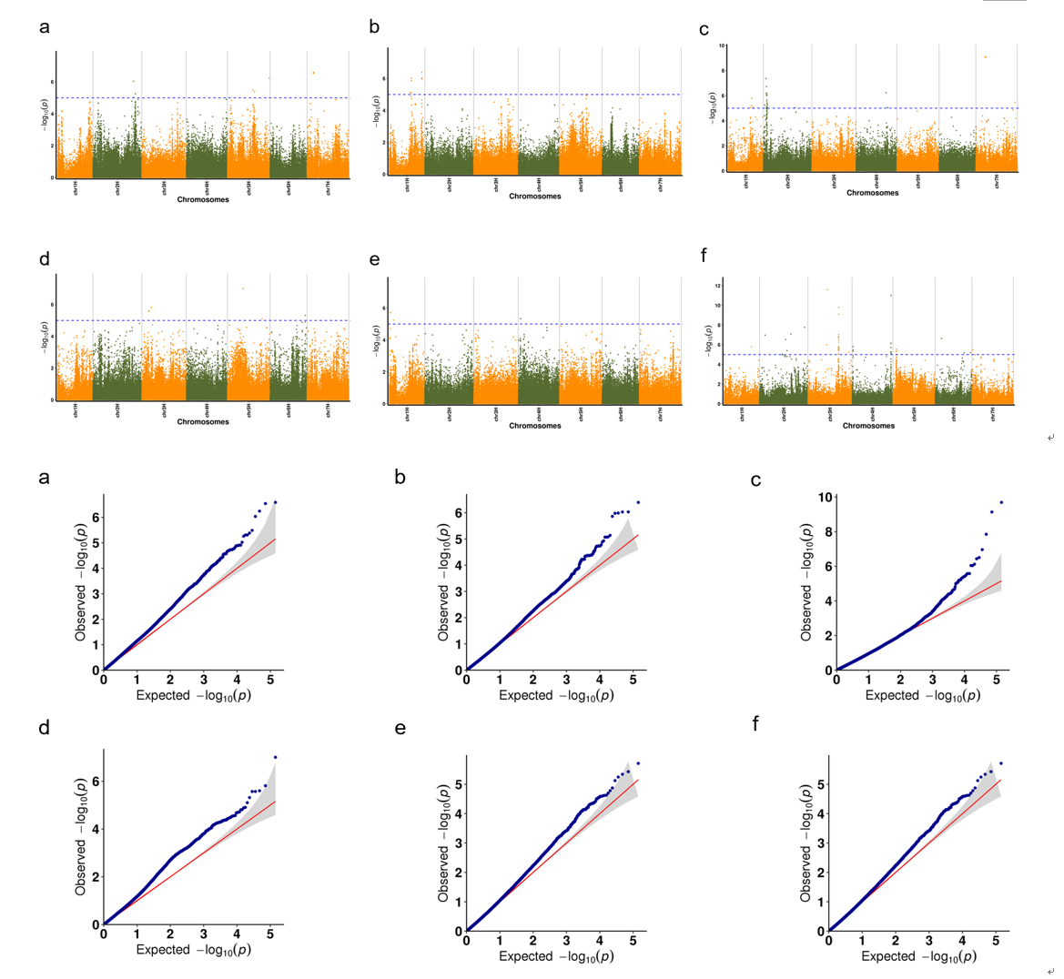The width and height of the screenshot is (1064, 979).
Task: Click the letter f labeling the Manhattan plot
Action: pos(704,257)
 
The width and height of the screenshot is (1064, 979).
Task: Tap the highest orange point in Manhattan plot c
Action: pos(985,57)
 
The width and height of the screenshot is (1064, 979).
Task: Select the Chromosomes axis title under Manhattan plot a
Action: pos(203,199)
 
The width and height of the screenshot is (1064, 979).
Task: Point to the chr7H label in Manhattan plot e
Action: pos(661,414)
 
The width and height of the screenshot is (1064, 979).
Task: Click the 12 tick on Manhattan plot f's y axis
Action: pos(718,286)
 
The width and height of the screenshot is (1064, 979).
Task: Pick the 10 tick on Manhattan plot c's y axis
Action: pos(722,45)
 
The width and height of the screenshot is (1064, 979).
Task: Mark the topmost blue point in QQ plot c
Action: pos(1001,502)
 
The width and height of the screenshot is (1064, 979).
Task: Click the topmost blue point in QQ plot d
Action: pos(275,757)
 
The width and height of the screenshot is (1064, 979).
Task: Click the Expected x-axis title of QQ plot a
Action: pos(194,695)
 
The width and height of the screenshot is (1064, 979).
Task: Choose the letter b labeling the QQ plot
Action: pos(400,478)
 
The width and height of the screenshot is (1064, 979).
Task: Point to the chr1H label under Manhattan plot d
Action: pos(76,410)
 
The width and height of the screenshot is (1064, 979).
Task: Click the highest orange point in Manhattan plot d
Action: pos(243,288)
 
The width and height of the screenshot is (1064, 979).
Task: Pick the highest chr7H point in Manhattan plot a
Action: pos(313,73)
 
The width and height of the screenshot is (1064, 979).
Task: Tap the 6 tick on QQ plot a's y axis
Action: pos(96,518)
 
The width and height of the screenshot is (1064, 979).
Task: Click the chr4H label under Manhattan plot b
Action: pos(540,185)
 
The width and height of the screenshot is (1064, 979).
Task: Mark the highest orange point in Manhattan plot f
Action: pos(827,289)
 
